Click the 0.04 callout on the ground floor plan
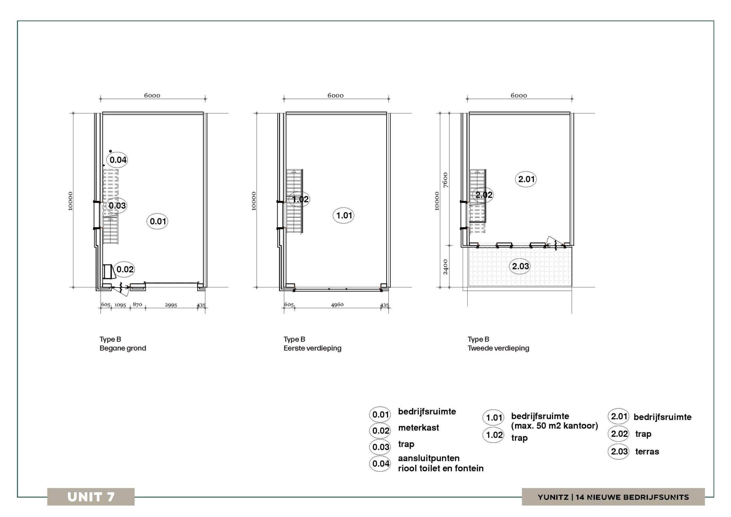(118, 160)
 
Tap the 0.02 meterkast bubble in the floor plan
(124, 269)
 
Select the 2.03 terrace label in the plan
(520, 266)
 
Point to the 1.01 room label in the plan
(344, 215)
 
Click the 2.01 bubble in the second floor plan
(526, 179)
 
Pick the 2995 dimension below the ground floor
(171, 305)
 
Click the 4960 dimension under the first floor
(337, 304)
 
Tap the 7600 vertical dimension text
(445, 180)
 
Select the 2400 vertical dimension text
(445, 266)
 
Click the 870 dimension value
(137, 304)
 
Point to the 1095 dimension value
(120, 305)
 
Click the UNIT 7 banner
(91, 497)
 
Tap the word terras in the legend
(647, 451)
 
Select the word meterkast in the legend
(418, 428)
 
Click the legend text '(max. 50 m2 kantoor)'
(554, 426)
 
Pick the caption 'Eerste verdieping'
(312, 348)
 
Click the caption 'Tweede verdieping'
(498, 348)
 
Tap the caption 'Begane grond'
(123, 348)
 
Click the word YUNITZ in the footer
(553, 497)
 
